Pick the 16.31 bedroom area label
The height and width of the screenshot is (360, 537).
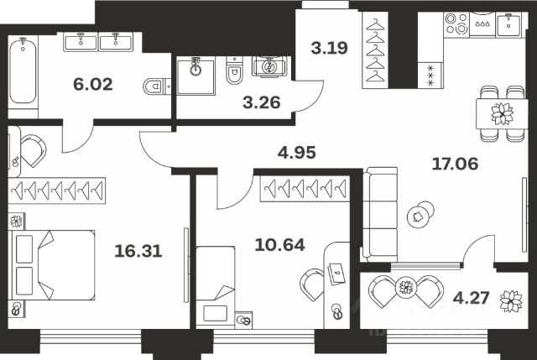[139, 249]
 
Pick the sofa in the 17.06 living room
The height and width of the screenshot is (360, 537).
[380, 212]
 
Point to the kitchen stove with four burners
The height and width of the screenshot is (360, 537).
[482, 26]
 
